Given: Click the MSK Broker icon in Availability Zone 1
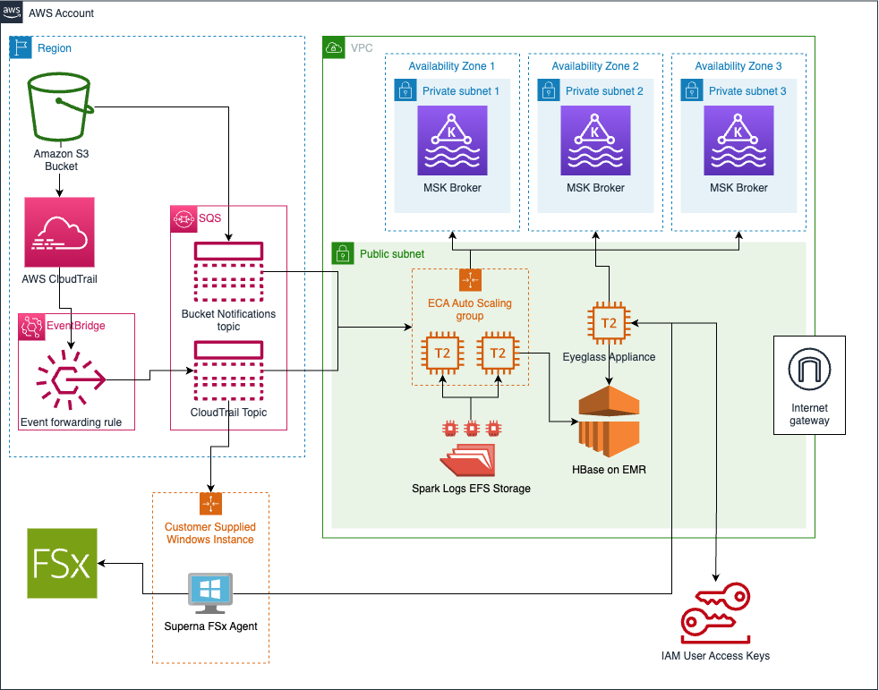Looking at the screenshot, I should point(452,141).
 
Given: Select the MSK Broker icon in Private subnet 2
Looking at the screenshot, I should point(595,141).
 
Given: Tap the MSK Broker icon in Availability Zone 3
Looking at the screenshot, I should point(738,141).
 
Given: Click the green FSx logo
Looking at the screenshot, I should point(61,563).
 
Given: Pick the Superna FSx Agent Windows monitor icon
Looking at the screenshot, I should point(211,594).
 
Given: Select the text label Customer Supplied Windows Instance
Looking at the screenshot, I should point(210,533).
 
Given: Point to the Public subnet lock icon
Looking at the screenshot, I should point(343,253).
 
